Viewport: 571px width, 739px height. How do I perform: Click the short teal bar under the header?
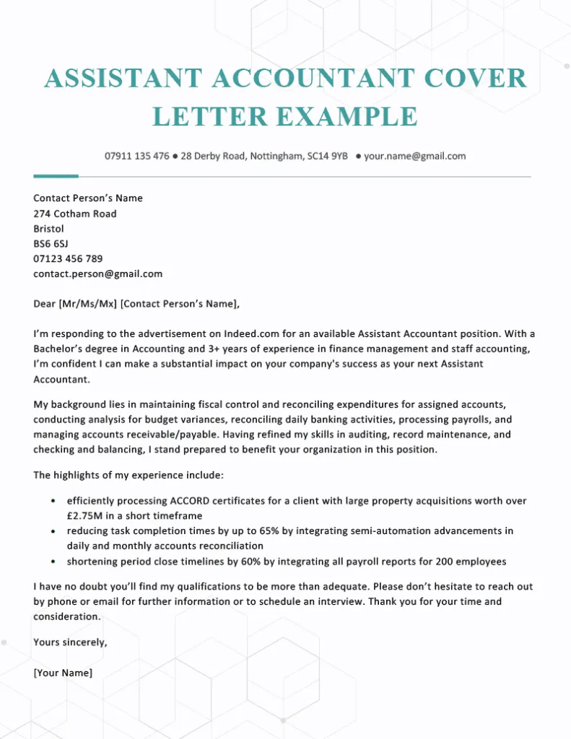pyautogui.click(x=56, y=175)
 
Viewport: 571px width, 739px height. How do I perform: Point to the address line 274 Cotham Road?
pyautogui.click(x=75, y=214)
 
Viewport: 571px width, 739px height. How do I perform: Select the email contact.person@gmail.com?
pyautogui.click(x=98, y=274)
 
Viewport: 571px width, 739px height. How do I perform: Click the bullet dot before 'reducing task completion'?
pyautogui.click(x=53, y=531)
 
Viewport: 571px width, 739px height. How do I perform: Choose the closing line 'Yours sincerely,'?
pyautogui.click(x=70, y=642)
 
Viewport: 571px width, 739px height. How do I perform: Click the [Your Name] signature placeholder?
pyautogui.click(x=63, y=673)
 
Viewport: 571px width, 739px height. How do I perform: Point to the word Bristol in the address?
pyautogui.click(x=49, y=229)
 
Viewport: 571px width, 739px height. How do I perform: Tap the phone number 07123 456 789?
pyautogui.click(x=68, y=259)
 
